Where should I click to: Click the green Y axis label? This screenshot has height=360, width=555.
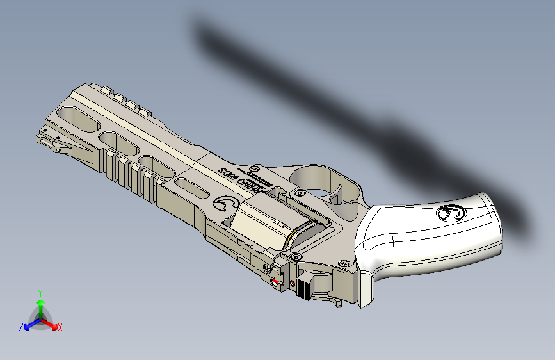pos(40,293)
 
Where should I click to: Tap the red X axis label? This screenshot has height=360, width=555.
pos(60,328)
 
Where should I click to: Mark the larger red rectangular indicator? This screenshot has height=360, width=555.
pos(276,281)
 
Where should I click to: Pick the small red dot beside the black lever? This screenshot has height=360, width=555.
pos(293,283)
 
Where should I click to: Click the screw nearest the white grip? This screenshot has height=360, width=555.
pos(344,263)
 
